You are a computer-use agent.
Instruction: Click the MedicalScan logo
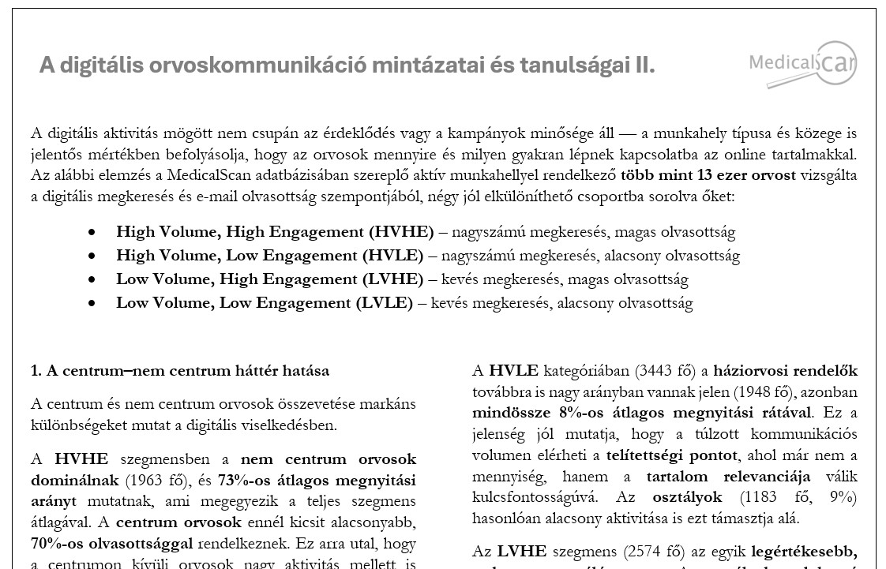pyautogui.click(x=802, y=63)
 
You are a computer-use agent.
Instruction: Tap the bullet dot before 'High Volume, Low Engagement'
pyautogui.click(x=93, y=256)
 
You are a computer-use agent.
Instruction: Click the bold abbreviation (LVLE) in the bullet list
pyautogui.click(x=384, y=303)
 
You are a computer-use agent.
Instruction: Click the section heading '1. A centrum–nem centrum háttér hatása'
pyautogui.click(x=180, y=371)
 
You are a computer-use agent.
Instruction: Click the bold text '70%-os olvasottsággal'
pyautogui.click(x=112, y=544)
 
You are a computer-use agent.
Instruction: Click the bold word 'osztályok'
pyautogui.click(x=687, y=498)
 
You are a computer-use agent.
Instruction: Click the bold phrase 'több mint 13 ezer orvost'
pyautogui.click(x=708, y=175)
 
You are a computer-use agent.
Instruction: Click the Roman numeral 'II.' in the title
pyautogui.click(x=644, y=66)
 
